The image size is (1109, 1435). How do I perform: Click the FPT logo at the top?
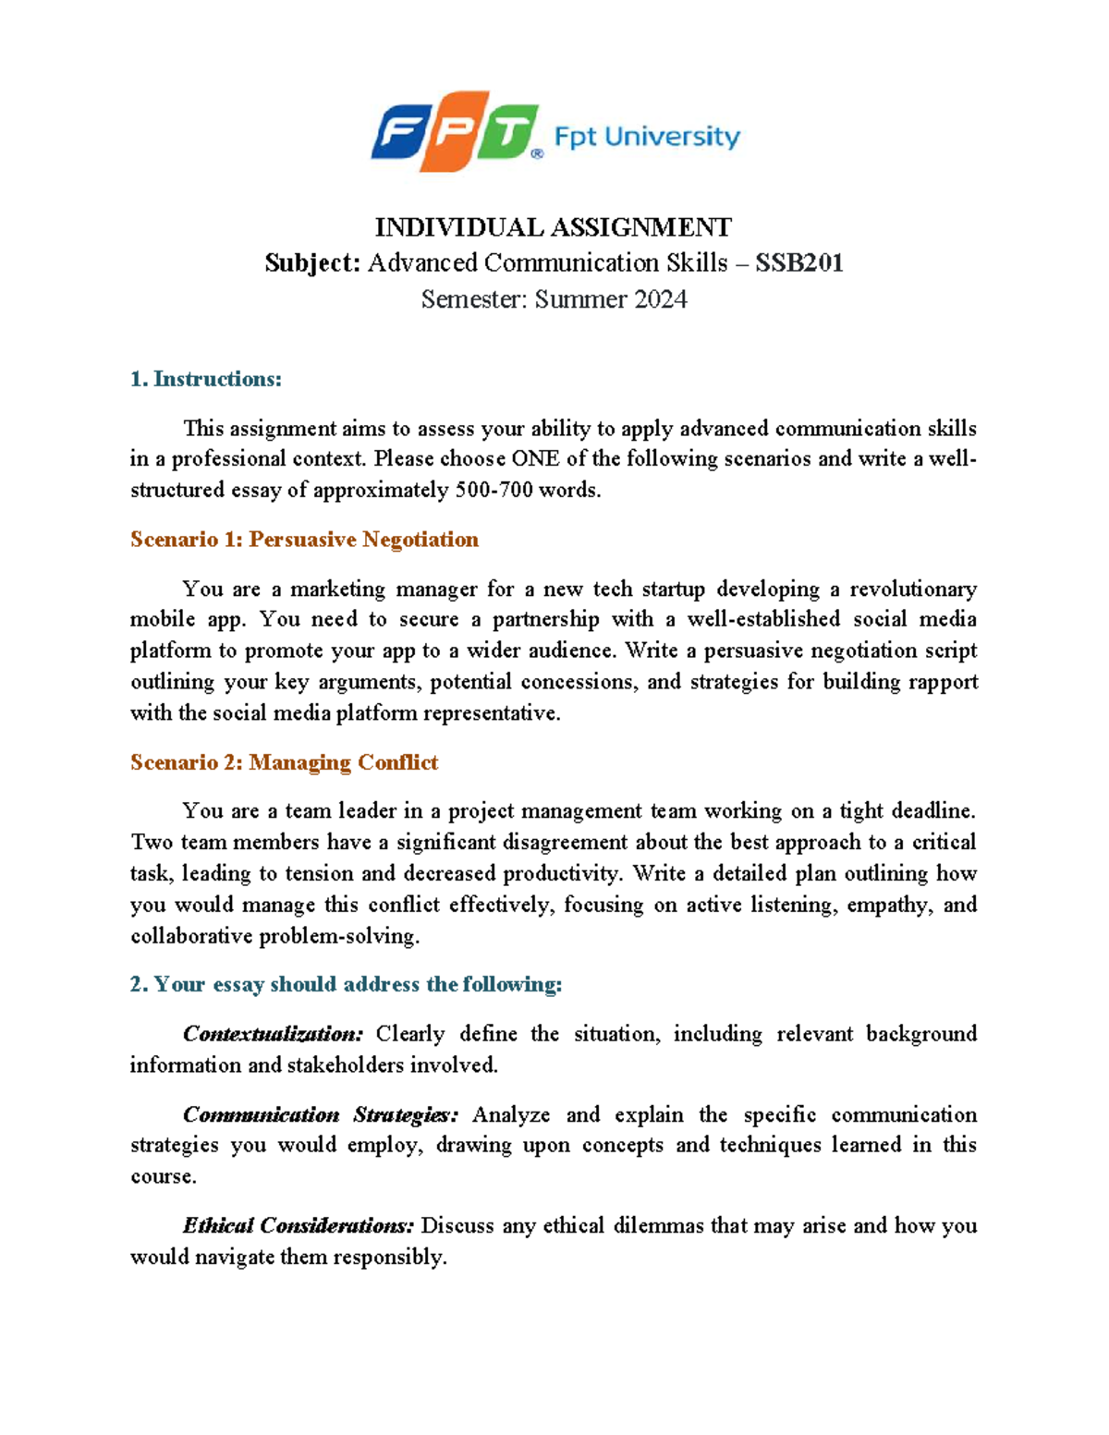click(x=455, y=131)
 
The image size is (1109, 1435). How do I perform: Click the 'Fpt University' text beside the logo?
click(x=647, y=138)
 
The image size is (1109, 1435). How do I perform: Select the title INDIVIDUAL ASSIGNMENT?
click(x=553, y=227)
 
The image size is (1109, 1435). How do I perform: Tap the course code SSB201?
click(x=799, y=263)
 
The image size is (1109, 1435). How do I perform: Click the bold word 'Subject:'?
click(x=311, y=263)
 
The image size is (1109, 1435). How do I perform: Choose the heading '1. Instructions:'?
click(x=206, y=379)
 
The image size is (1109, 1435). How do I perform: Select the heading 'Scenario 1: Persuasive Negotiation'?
click(x=304, y=540)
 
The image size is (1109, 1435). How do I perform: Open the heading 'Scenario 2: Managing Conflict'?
click(x=284, y=762)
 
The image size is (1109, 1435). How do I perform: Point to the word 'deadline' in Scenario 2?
click(x=932, y=811)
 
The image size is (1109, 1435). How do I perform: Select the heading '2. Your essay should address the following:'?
click(x=346, y=985)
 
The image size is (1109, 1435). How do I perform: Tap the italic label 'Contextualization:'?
click(x=273, y=1034)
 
